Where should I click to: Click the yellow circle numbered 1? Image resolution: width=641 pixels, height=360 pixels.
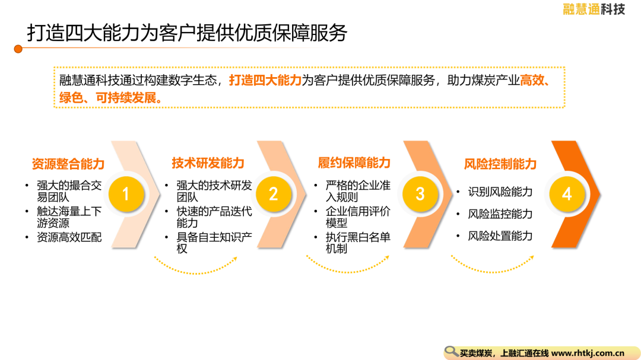(x=126, y=194)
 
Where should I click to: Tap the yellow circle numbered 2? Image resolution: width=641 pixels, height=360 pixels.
(x=274, y=194)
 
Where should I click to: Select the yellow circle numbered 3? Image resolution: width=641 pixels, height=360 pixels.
(x=420, y=194)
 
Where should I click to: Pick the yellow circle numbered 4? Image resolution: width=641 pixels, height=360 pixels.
(x=567, y=194)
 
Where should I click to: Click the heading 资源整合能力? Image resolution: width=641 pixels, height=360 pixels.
(x=68, y=164)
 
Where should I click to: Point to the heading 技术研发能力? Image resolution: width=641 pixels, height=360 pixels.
(x=208, y=163)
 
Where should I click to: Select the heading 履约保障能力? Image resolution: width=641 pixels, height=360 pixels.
(x=354, y=163)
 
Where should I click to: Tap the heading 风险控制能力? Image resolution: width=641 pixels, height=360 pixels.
(x=500, y=164)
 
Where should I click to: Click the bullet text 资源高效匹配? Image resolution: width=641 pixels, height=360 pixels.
(x=69, y=237)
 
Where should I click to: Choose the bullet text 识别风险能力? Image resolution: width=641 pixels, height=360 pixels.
(x=500, y=192)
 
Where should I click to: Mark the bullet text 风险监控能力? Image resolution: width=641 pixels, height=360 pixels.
(x=500, y=214)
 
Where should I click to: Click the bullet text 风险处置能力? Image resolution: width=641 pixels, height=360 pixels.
(x=500, y=236)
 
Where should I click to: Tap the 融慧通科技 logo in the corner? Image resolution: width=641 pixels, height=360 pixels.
(x=594, y=9)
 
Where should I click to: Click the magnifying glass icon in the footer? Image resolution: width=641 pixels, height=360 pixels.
(x=451, y=352)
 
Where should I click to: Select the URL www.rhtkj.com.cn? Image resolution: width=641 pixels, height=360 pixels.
(x=588, y=353)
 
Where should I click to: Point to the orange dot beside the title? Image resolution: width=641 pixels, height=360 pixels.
(x=18, y=49)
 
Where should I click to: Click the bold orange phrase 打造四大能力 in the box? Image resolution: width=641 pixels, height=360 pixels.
(x=265, y=80)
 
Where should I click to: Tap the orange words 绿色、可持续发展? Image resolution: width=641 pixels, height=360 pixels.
(x=108, y=98)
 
